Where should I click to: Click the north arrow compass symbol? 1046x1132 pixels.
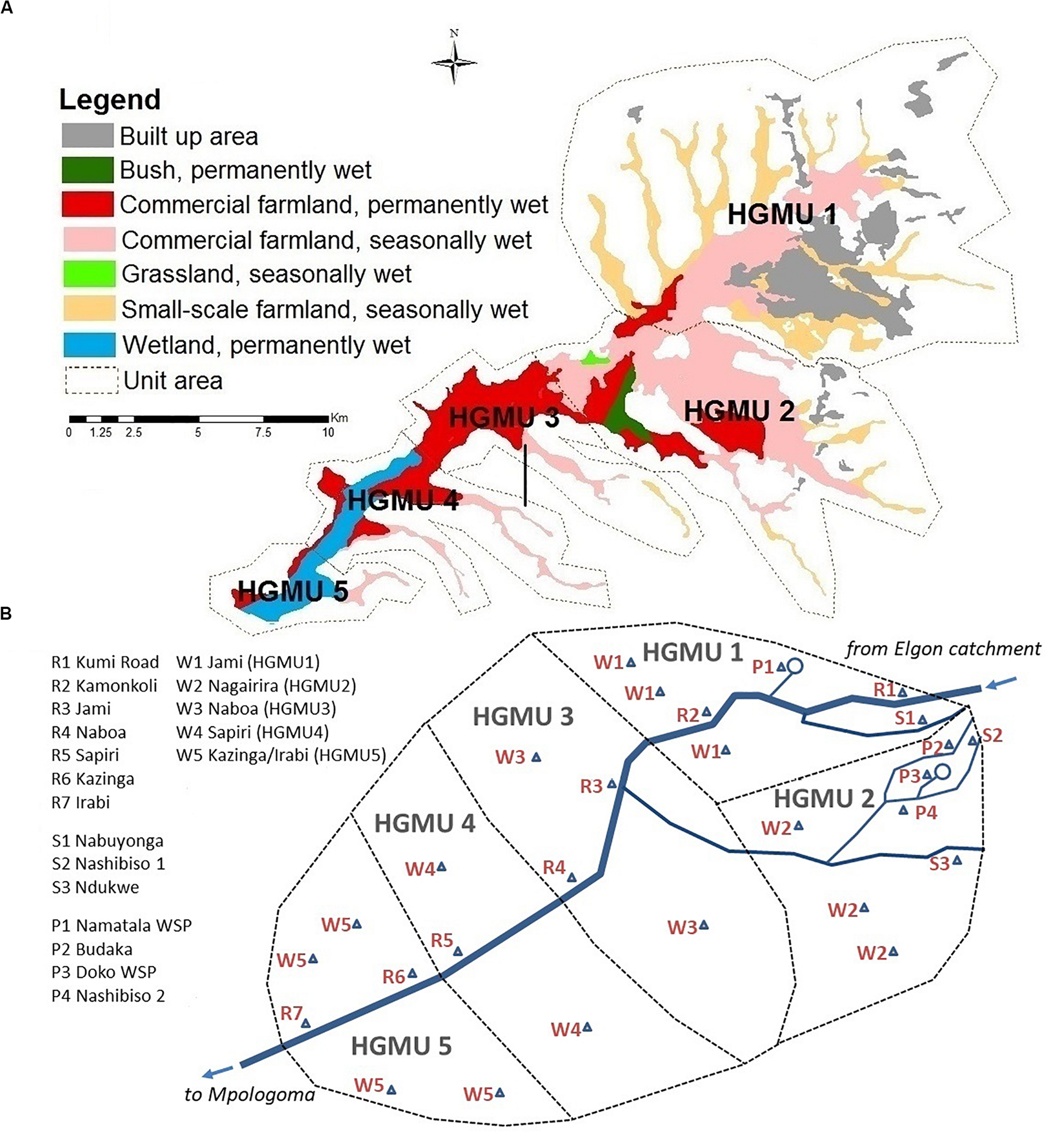pos(454,62)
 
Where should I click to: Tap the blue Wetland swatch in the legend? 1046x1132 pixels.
pos(89,345)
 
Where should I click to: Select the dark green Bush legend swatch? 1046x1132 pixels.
pos(88,170)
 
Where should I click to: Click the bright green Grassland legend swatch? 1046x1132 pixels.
pos(89,274)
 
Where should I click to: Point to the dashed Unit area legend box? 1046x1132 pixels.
pos(91,380)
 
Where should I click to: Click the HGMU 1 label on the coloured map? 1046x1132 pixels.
pos(782,215)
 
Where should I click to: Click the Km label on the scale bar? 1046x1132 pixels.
pos(339,418)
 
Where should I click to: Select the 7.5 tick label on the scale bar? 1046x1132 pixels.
pos(263,433)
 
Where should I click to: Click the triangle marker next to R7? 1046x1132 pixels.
pos(305,1023)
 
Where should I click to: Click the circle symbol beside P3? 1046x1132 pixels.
pos(942,772)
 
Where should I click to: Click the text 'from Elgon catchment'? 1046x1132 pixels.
pos(943,649)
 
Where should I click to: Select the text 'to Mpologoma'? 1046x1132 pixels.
pos(249,1095)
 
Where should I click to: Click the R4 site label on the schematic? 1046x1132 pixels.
pos(554,867)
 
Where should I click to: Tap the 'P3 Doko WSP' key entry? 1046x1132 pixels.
pos(104,972)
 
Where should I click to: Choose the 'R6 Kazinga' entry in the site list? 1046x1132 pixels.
pos(93,779)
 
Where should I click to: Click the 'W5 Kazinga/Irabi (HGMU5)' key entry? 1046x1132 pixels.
pos(281,755)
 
